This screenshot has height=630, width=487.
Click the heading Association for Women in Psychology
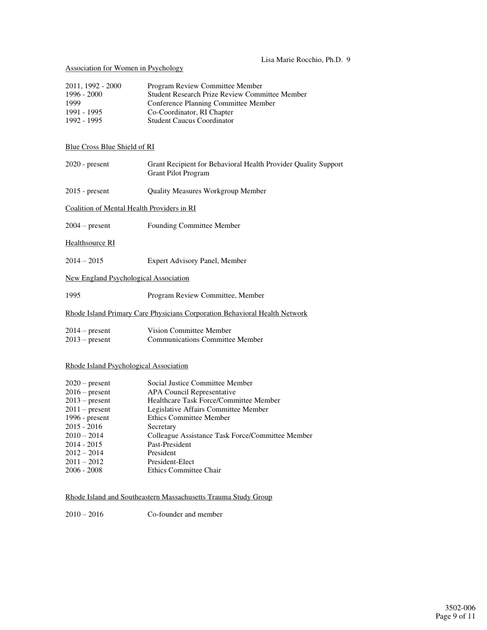coord(124,68)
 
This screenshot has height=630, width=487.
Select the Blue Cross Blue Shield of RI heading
coord(110,147)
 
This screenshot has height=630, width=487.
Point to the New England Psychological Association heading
coord(127,278)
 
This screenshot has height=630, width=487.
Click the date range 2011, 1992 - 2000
coord(93,86)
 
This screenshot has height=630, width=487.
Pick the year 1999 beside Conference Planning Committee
coord(73,103)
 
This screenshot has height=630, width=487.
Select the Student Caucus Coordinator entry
coord(190,121)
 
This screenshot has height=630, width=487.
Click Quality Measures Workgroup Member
coord(206,191)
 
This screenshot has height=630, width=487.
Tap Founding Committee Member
coord(193,226)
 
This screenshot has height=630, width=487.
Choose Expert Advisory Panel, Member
coord(196,261)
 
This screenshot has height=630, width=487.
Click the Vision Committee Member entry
coord(189,331)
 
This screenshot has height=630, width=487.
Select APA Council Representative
coord(192,392)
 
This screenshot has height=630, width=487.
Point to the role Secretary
coord(162,427)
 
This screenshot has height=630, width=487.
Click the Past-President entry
coord(169,444)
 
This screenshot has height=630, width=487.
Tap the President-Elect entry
coord(171,462)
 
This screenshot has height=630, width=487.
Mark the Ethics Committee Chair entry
coord(184,470)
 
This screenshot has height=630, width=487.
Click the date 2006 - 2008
coord(84,470)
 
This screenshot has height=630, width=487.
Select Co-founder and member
coord(185,514)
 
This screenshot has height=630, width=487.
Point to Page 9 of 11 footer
coord(455,616)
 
